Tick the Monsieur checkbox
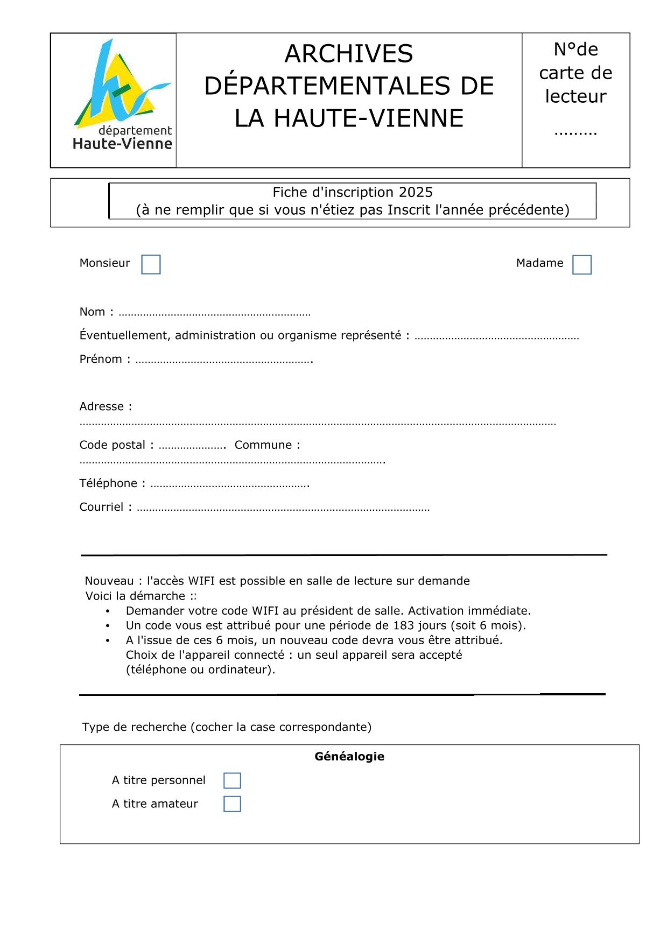[x=151, y=264]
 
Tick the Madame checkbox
[x=581, y=265]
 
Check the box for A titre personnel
[x=232, y=780]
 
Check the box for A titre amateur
[x=232, y=804]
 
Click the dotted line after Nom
[x=214, y=313]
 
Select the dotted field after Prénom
[x=224, y=361]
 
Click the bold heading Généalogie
[x=349, y=756]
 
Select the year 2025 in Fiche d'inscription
[x=416, y=192]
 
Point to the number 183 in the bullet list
[x=403, y=625]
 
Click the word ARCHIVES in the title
[x=349, y=54]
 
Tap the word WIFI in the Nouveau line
[x=201, y=581]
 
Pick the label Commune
[x=264, y=445]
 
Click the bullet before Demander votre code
[x=108, y=611]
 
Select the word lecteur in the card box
[x=575, y=96]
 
